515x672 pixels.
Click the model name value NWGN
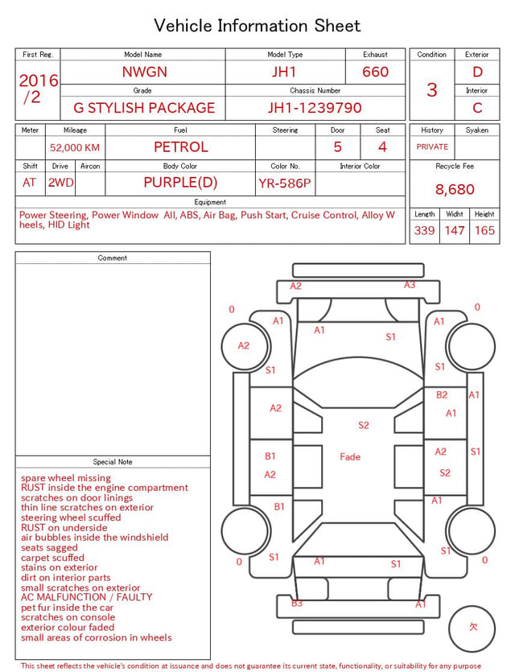(144, 72)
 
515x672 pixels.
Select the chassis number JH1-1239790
(315, 108)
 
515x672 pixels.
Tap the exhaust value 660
(375, 72)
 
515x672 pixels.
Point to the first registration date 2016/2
(38, 89)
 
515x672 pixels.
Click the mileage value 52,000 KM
(75, 148)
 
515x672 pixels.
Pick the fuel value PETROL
(181, 147)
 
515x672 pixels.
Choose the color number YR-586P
(285, 183)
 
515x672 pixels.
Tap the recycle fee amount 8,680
(455, 189)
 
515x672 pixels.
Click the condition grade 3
(432, 89)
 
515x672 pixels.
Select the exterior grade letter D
(477, 72)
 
